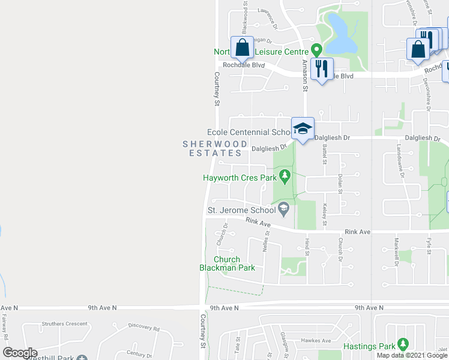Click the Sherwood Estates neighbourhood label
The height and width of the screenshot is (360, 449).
[x=215, y=148]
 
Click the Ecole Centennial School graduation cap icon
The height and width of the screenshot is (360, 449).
[x=303, y=128]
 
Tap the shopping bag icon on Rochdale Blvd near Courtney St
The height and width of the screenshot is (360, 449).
[x=242, y=47]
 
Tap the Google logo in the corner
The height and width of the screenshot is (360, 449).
[x=20, y=353]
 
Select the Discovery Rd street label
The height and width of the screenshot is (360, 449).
[x=144, y=328]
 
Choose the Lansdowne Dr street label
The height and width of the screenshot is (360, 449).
[x=398, y=157]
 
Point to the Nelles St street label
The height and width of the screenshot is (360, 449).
[x=267, y=242]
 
